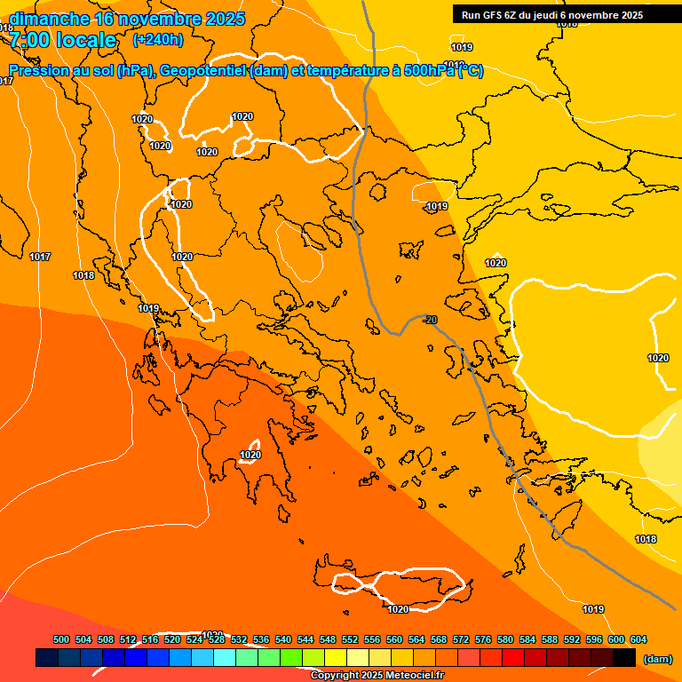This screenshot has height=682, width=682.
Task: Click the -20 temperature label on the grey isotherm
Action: click(431, 320)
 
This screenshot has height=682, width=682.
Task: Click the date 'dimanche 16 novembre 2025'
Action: click(127, 19)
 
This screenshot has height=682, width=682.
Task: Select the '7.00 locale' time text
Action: click(63, 40)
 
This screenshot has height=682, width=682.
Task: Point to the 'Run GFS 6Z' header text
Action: click(490, 15)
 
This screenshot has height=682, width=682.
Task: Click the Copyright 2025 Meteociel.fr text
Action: click(377, 675)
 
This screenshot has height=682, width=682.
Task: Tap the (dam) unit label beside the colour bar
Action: click(657, 659)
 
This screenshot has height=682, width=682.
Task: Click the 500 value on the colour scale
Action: click(61, 639)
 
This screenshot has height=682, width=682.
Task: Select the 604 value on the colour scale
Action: click(638, 639)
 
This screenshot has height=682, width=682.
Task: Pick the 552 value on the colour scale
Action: click(350, 639)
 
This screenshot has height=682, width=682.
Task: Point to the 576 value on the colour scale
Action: click(483, 639)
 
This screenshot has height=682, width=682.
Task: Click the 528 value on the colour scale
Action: click(217, 639)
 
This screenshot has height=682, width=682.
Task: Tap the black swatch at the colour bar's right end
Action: click(624, 658)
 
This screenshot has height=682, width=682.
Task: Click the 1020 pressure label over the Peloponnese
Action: click(250, 456)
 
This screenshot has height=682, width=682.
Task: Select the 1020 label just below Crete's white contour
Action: click(398, 609)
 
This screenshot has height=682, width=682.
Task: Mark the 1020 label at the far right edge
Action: click(658, 358)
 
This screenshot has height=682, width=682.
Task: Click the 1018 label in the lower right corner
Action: click(646, 539)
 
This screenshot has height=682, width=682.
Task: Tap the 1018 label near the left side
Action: click(83, 275)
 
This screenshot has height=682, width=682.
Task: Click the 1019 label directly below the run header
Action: click(462, 47)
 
